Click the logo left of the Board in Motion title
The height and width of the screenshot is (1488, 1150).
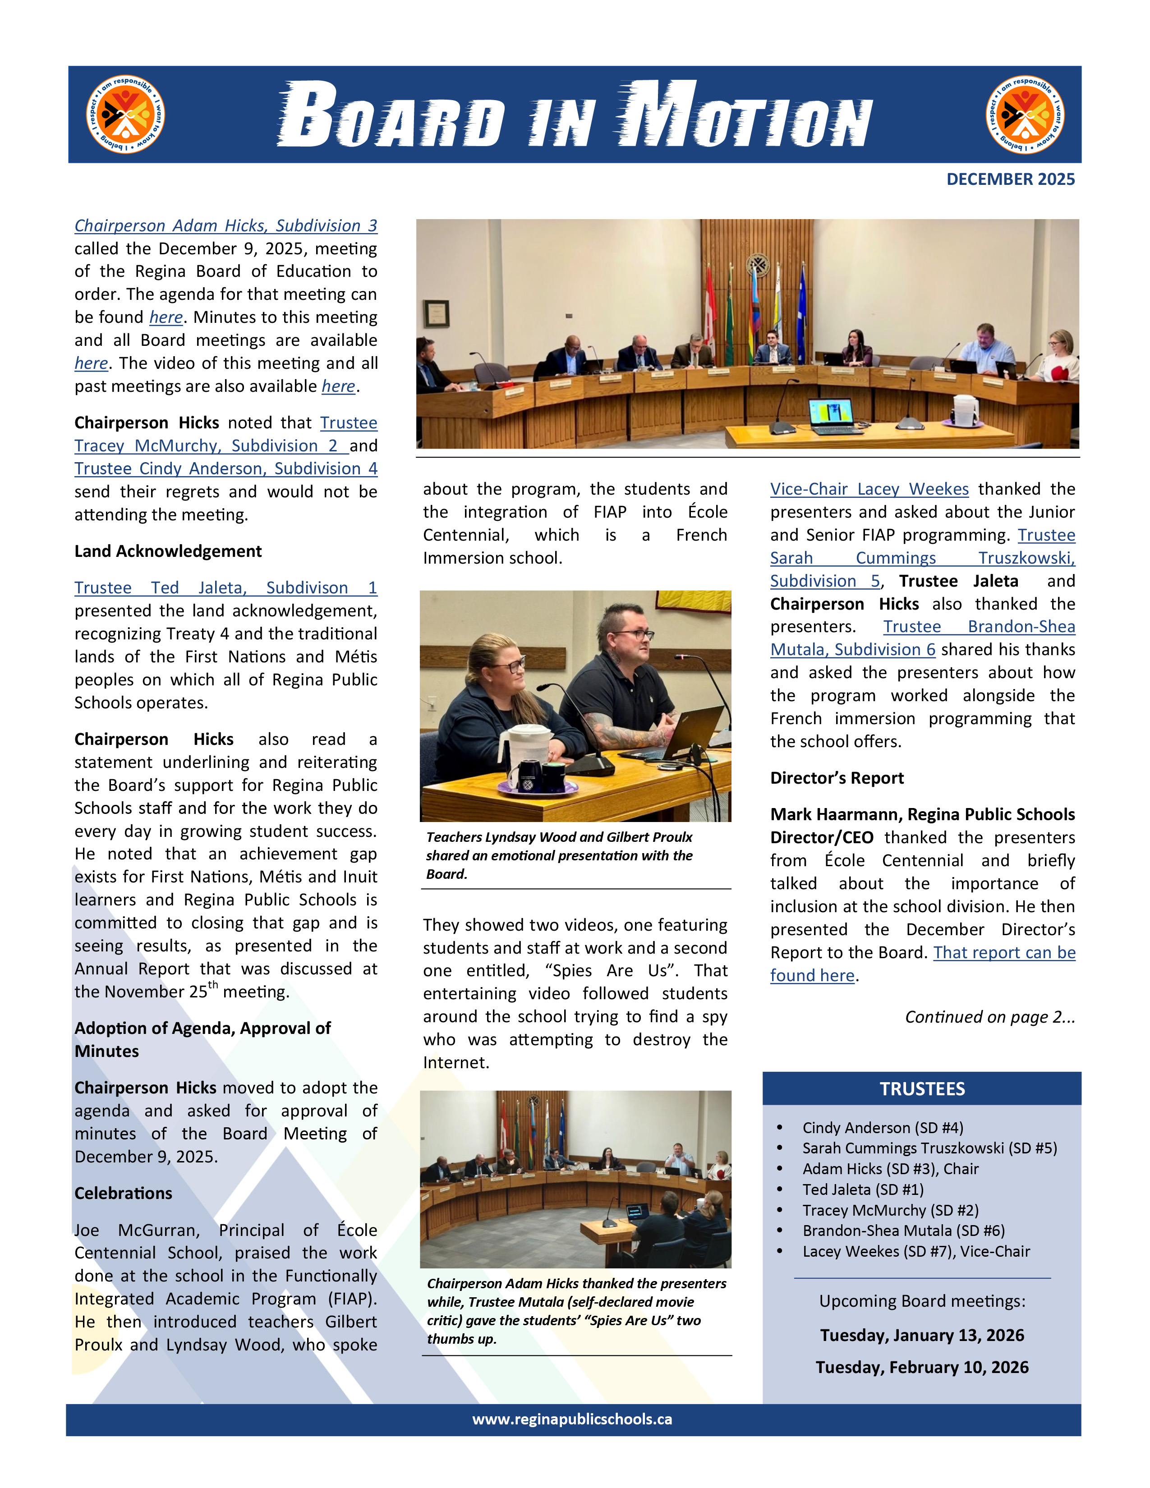pyautogui.click(x=126, y=115)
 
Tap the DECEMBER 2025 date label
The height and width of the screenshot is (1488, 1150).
pyautogui.click(x=1010, y=179)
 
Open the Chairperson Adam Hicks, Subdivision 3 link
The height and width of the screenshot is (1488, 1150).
pyautogui.click(x=225, y=225)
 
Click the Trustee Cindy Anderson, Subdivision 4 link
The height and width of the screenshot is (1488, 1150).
pyautogui.click(x=225, y=469)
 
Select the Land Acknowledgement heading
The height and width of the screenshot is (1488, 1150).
pyautogui.click(x=168, y=551)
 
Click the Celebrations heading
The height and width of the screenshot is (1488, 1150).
pyautogui.click(x=123, y=1193)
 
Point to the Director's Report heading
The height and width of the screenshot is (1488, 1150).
pyautogui.click(x=837, y=778)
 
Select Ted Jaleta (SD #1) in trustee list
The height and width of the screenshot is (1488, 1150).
pyautogui.click(x=862, y=1189)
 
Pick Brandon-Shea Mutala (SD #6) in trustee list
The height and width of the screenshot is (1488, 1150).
pyautogui.click(x=903, y=1231)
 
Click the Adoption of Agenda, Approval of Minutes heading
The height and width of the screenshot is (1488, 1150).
pyautogui.click(x=202, y=1040)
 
